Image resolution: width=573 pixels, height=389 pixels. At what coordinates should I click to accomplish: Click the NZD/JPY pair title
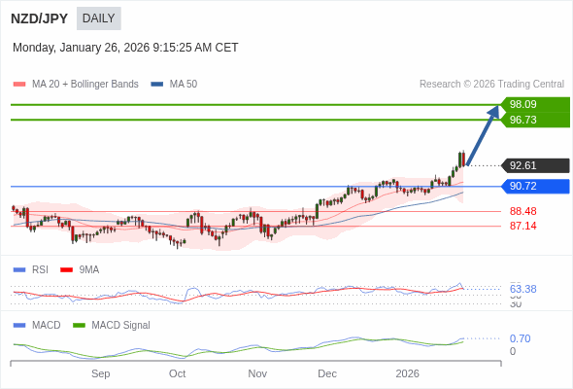pyautogui.click(x=39, y=18)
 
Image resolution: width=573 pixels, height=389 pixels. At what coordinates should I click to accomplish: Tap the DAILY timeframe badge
pyautogui.click(x=98, y=18)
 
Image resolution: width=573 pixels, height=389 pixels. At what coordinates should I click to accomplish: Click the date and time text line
pyautogui.click(x=125, y=48)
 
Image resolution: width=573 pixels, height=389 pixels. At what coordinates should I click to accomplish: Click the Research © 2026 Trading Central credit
pyautogui.click(x=491, y=85)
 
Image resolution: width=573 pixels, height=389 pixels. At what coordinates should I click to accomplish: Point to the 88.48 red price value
pyautogui.click(x=522, y=211)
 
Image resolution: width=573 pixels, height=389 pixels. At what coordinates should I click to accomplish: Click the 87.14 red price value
pyautogui.click(x=522, y=226)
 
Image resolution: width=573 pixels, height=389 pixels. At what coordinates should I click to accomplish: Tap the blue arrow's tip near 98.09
pyautogui.click(x=498, y=107)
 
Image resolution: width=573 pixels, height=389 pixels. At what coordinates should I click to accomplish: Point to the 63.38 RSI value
pyautogui.click(x=522, y=289)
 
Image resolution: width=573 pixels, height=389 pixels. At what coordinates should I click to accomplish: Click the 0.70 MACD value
pyautogui.click(x=520, y=338)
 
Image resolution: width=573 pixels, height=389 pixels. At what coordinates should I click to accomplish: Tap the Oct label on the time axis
pyautogui.click(x=177, y=373)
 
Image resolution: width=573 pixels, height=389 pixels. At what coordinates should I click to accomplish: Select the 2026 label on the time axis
pyautogui.click(x=407, y=373)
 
